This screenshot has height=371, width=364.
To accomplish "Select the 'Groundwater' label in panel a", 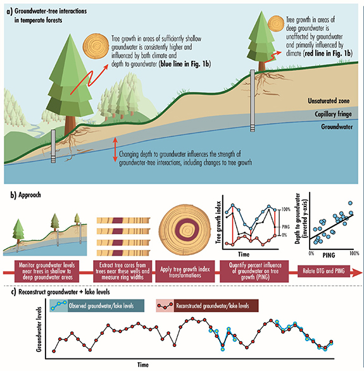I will (334, 127).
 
